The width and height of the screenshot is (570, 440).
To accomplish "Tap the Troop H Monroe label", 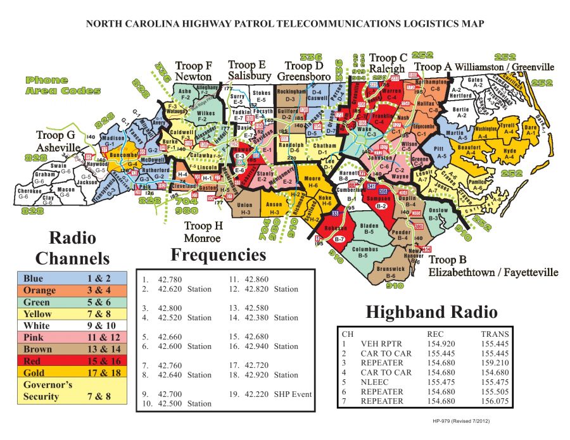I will tap(203, 232).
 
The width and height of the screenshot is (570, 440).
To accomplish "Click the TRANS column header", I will tap(494, 334).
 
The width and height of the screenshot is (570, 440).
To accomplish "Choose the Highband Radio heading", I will tap(431, 311).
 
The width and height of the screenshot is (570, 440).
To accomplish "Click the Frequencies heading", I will tap(218, 255).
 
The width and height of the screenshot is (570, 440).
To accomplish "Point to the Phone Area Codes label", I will tap(63, 85).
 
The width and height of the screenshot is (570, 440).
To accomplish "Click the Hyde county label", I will tap(510, 153).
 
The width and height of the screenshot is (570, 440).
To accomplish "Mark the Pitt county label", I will tap(441, 151).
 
